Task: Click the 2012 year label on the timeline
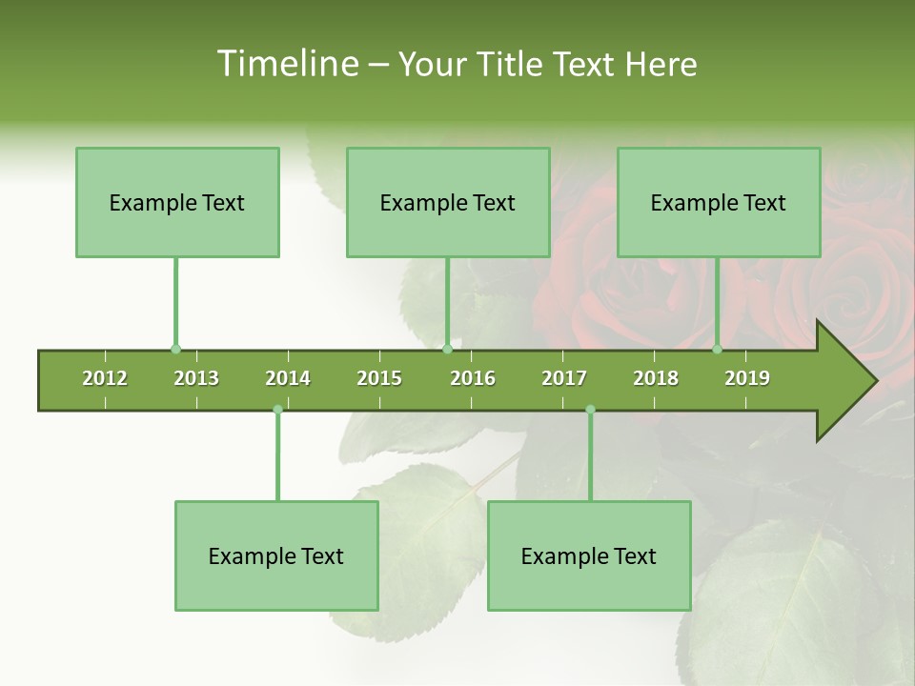pyautogui.click(x=105, y=378)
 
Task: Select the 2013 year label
pyautogui.click(x=196, y=378)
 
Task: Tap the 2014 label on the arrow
pyautogui.click(x=288, y=378)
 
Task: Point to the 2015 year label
pyautogui.click(x=379, y=378)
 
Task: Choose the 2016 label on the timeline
pyautogui.click(x=473, y=378)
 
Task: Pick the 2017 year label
pyautogui.click(x=564, y=378)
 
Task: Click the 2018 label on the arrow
pyautogui.click(x=656, y=378)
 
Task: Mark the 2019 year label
pyautogui.click(x=747, y=378)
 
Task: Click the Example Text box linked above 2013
pyautogui.click(x=177, y=203)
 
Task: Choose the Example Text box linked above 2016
pyautogui.click(x=448, y=203)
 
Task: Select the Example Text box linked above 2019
pyautogui.click(x=719, y=203)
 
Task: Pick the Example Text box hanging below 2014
pyautogui.click(x=276, y=556)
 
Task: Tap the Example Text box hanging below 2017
pyautogui.click(x=589, y=556)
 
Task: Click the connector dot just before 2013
pyautogui.click(x=175, y=350)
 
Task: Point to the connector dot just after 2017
pyautogui.click(x=590, y=410)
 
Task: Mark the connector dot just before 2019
pyautogui.click(x=718, y=350)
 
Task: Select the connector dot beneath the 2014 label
pyautogui.click(x=277, y=410)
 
